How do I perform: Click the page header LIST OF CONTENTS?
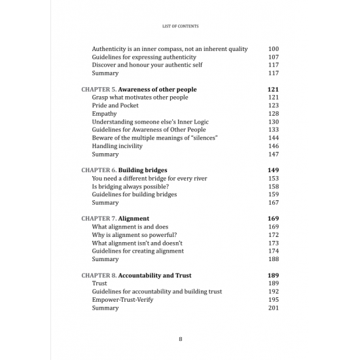(180, 26)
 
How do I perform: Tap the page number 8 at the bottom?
(180, 338)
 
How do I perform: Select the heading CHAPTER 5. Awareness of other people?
(139, 90)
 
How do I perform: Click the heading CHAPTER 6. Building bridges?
(124, 170)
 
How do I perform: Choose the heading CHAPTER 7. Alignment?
(115, 219)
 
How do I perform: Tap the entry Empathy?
(105, 114)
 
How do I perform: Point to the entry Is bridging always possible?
(131, 187)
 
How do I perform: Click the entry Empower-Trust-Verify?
(125, 300)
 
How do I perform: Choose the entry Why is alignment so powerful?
(134, 235)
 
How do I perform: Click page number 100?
(274, 49)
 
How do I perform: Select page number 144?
(274, 138)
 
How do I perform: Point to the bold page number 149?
(274, 170)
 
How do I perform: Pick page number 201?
(274, 308)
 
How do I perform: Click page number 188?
(274, 259)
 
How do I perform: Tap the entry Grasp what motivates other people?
(140, 98)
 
